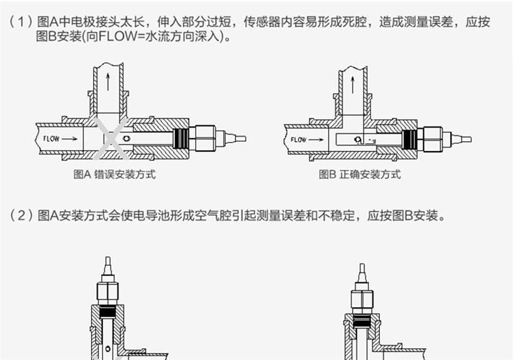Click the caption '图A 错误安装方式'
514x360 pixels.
(x=115, y=174)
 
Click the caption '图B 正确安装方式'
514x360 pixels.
(x=359, y=174)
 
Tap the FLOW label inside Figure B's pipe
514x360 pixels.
(x=299, y=139)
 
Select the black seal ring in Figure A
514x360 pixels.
(x=181, y=138)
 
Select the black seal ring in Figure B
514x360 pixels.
(x=410, y=139)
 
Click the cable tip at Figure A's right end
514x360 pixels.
(x=239, y=138)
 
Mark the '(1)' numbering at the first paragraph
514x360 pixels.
(x=20, y=22)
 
